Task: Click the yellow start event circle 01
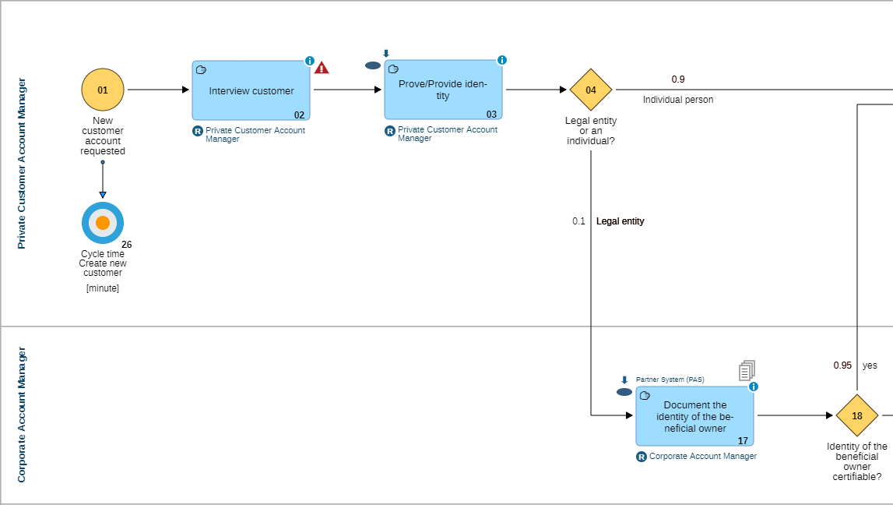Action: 103,90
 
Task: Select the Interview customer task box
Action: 251,91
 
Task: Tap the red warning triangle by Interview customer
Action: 322,68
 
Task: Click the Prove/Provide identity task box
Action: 443,90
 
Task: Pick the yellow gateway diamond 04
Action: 591,90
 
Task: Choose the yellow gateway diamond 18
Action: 856,415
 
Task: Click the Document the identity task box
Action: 694,416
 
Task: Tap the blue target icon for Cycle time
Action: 103,223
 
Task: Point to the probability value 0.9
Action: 678,79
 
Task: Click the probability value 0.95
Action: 842,366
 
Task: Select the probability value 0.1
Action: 578,221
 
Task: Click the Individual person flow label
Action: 677,100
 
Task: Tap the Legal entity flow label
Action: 620,221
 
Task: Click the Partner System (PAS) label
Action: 670,380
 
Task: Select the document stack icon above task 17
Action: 747,370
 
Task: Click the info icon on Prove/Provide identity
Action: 502,60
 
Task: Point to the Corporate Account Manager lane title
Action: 22,415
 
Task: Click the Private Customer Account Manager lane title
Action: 22,164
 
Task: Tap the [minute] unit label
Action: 103,288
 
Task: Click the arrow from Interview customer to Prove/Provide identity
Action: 347,90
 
